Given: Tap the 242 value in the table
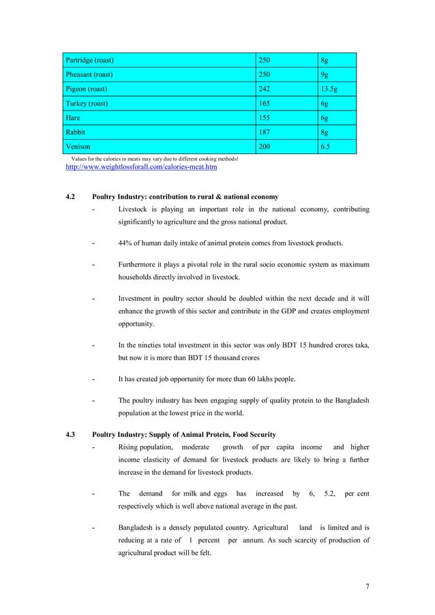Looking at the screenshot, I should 264,89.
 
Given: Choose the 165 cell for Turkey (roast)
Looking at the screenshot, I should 264,103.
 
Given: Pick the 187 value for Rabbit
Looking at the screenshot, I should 264,132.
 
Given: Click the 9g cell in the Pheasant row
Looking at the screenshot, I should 325,74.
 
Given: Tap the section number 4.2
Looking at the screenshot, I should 70,197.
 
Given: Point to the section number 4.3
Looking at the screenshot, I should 70,434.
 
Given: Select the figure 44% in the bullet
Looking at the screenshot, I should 125,242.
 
